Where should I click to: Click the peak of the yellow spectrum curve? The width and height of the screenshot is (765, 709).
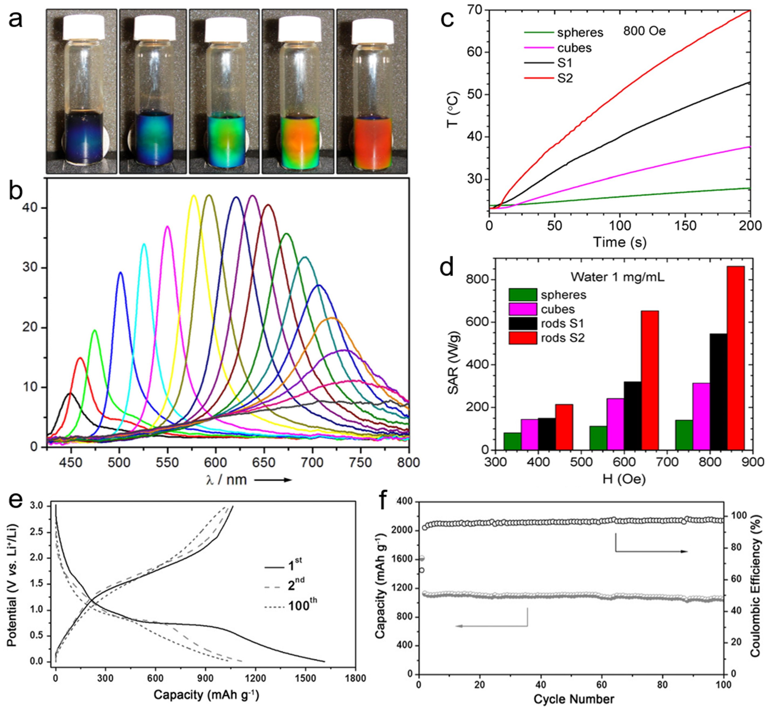pyautogui.click(x=194, y=196)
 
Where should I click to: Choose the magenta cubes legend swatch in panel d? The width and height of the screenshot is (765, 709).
pyautogui.click(x=523, y=309)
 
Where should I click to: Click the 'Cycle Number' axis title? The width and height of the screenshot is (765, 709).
pyautogui.click(x=574, y=699)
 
